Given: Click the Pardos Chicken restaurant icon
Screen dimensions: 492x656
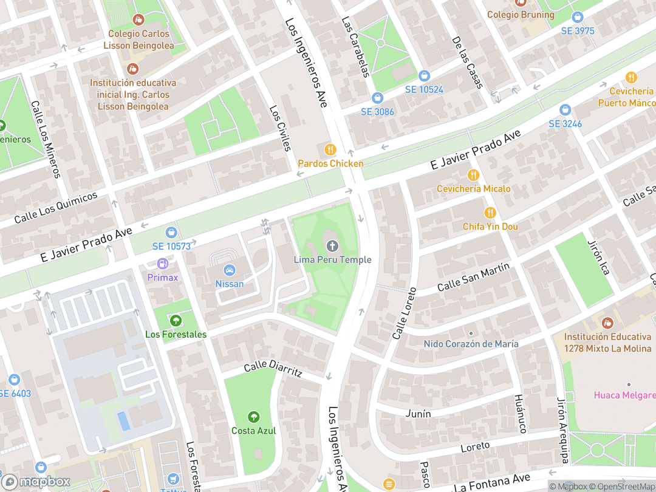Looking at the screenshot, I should pyautogui.click(x=330, y=149).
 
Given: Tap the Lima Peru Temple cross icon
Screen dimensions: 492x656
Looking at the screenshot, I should pyautogui.click(x=332, y=246).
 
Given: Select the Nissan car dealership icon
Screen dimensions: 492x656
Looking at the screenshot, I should pyautogui.click(x=230, y=270).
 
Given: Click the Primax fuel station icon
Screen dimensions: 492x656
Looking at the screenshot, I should pyautogui.click(x=163, y=264).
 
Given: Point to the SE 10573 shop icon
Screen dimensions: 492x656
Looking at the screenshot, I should pyautogui.click(x=171, y=232).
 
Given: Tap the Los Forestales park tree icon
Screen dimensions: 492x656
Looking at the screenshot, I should pyautogui.click(x=176, y=320).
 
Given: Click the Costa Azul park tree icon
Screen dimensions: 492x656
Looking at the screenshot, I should pyautogui.click(x=253, y=417).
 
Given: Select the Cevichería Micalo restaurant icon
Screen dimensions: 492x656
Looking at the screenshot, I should pyautogui.click(x=473, y=175).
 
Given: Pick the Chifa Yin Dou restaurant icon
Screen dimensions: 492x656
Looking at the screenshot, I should pyautogui.click(x=490, y=213).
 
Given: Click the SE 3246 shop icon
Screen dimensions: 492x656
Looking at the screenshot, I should pyautogui.click(x=565, y=110).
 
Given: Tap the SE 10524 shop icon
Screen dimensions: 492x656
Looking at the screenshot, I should pyautogui.click(x=424, y=76).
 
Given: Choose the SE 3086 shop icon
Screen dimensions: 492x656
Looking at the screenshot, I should pyautogui.click(x=377, y=98).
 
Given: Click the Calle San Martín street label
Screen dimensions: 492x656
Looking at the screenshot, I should pyautogui.click(x=473, y=277).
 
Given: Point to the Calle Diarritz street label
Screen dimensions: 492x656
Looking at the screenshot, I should pyautogui.click(x=272, y=369).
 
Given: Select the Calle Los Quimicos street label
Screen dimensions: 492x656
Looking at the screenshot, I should pyautogui.click(x=56, y=207).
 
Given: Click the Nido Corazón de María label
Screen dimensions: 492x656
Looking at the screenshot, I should pyautogui.click(x=471, y=344).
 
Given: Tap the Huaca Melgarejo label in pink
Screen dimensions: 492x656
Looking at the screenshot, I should pyautogui.click(x=624, y=395).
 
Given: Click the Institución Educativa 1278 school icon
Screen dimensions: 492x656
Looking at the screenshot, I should pyautogui.click(x=606, y=323).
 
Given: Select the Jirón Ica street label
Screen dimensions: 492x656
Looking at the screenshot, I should pyautogui.click(x=598, y=257).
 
